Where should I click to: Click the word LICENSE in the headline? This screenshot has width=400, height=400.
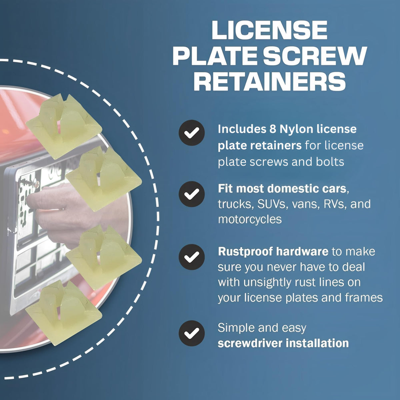(x=270, y=30)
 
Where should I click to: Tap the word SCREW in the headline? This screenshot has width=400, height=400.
(x=315, y=56)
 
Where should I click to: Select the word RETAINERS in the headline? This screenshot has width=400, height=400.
(x=270, y=81)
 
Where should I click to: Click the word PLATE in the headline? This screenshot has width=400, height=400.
(x=216, y=56)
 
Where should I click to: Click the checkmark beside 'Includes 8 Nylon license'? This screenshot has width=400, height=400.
(x=192, y=133)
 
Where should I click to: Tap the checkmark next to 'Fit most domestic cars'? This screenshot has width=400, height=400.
(x=192, y=194)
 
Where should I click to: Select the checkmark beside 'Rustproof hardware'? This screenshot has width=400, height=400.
(x=192, y=257)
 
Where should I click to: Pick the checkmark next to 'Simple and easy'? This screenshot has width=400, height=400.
(x=192, y=333)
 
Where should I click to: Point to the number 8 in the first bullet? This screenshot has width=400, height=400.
(x=273, y=129)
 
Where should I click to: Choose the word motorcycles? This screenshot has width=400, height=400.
(x=250, y=219)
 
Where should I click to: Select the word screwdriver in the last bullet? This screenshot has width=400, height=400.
(x=250, y=343)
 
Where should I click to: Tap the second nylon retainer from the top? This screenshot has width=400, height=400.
(x=104, y=179)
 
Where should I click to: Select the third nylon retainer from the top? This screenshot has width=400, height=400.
(x=104, y=257)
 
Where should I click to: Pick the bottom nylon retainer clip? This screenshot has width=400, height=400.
(x=64, y=313)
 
